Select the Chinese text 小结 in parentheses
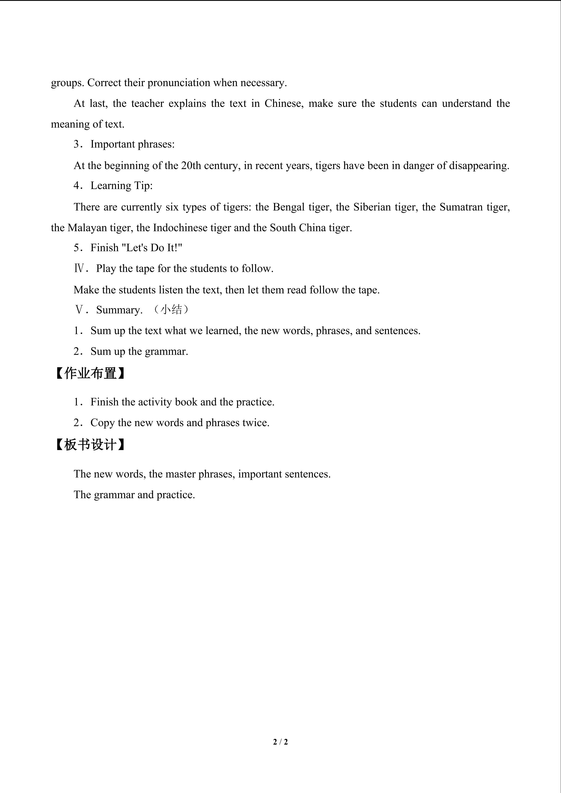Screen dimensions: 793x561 pos(171,309)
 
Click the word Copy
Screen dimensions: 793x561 pos(102,423)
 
